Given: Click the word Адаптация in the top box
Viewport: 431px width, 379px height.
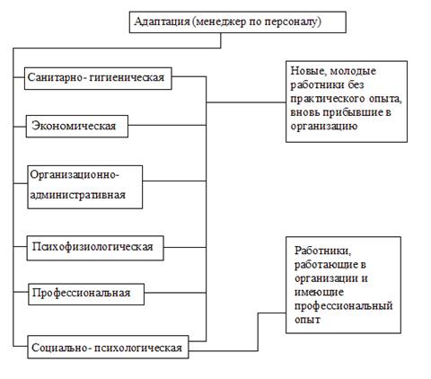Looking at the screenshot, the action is tap(162, 22).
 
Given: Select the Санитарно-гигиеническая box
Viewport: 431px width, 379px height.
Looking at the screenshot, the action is tap(98, 78).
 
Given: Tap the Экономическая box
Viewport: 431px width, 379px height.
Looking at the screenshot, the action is tap(77, 127).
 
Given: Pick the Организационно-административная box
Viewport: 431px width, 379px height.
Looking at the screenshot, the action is tap(85, 187).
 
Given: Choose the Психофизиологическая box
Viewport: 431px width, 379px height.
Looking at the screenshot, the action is tap(95, 248).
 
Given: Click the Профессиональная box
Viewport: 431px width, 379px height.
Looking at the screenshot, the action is tap(86, 294).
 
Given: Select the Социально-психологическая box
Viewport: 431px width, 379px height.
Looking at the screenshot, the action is tap(108, 347).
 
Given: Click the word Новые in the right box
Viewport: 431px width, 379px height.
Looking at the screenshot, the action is tap(308, 71).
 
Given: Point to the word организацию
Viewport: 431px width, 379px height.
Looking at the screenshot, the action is tap(324, 127).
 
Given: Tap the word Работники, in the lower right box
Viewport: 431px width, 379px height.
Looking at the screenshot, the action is tap(323, 251).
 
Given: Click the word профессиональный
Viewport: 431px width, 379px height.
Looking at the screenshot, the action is tap(344, 306).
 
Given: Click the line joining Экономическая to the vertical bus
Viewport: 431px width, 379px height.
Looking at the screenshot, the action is tap(167, 125).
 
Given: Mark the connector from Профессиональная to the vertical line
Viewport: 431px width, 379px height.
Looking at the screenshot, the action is tap(175, 293).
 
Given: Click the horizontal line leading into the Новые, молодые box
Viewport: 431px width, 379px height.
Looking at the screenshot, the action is tap(246, 102).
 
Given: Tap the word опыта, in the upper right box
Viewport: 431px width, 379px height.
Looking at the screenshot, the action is tap(385, 99).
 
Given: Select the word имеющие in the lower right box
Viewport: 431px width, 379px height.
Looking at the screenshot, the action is tap(319, 293).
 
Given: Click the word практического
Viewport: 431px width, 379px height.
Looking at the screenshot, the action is tap(328, 99).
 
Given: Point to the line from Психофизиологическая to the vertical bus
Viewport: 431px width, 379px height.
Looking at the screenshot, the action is tap(185, 247).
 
